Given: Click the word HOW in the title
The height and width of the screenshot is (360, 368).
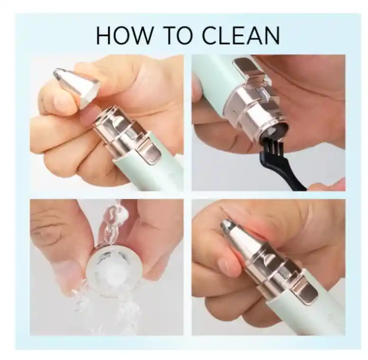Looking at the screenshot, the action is click(124, 35).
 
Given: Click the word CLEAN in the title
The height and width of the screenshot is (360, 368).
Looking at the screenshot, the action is click(241, 35).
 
